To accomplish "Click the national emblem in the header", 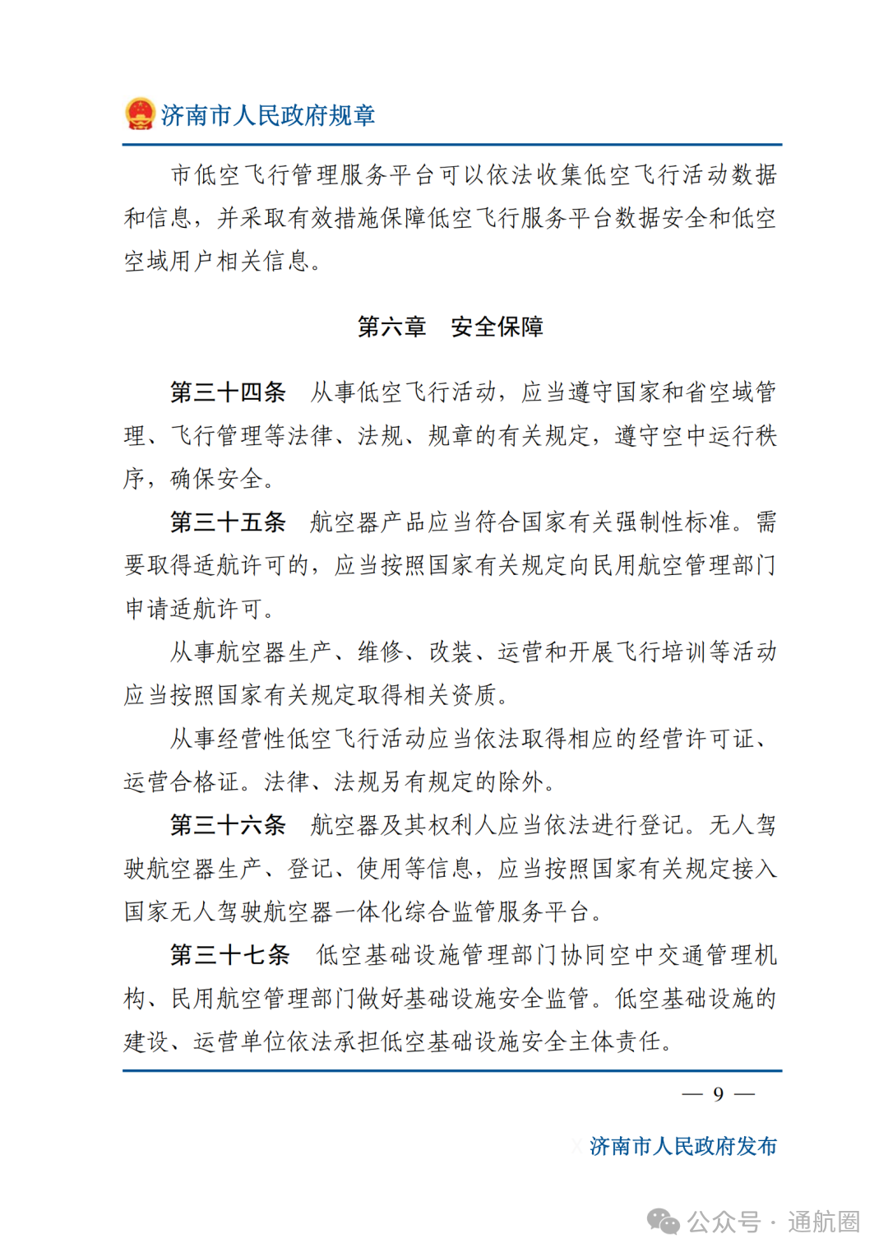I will tap(140, 114).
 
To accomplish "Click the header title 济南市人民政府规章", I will tap(268, 115).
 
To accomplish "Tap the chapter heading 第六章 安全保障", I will tap(450, 327).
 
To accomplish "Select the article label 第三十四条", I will tap(228, 392).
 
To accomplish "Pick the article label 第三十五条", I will tap(228, 522).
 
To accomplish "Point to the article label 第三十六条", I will tap(228, 824).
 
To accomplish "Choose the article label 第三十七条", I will tap(229, 954).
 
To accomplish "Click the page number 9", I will tap(718, 1093).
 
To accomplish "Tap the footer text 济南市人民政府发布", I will tap(682, 1146).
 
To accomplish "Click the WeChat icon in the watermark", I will tap(664, 1221).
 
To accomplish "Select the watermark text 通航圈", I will tap(823, 1222).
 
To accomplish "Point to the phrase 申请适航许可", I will tap(194, 609).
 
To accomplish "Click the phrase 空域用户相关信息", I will tap(217, 261).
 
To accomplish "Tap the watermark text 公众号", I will tap(724, 1222).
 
